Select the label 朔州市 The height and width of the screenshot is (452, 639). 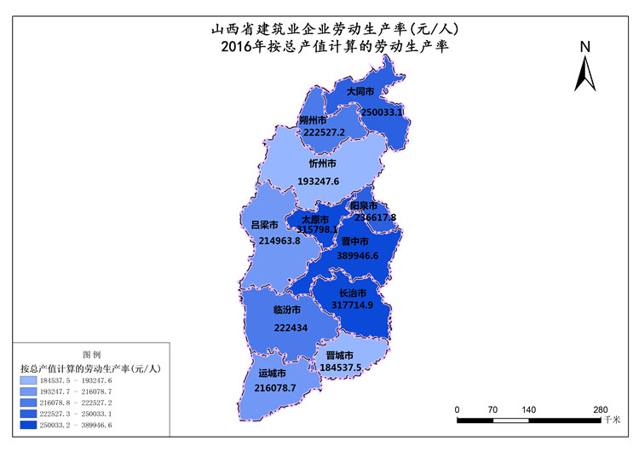(x=314, y=120)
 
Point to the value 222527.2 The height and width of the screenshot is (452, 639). (x=324, y=132)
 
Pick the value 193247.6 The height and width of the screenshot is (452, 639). (x=319, y=181)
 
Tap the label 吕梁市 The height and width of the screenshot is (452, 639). (x=264, y=224)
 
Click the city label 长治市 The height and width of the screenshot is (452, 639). (x=353, y=293)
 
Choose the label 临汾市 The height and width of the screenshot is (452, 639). (x=287, y=310)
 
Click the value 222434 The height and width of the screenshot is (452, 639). (x=291, y=327)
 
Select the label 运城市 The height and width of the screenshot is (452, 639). (x=272, y=374)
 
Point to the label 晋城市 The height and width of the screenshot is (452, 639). (x=340, y=355)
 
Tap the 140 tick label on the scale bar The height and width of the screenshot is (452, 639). (x=528, y=410)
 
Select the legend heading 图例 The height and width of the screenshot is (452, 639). (x=91, y=354)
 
